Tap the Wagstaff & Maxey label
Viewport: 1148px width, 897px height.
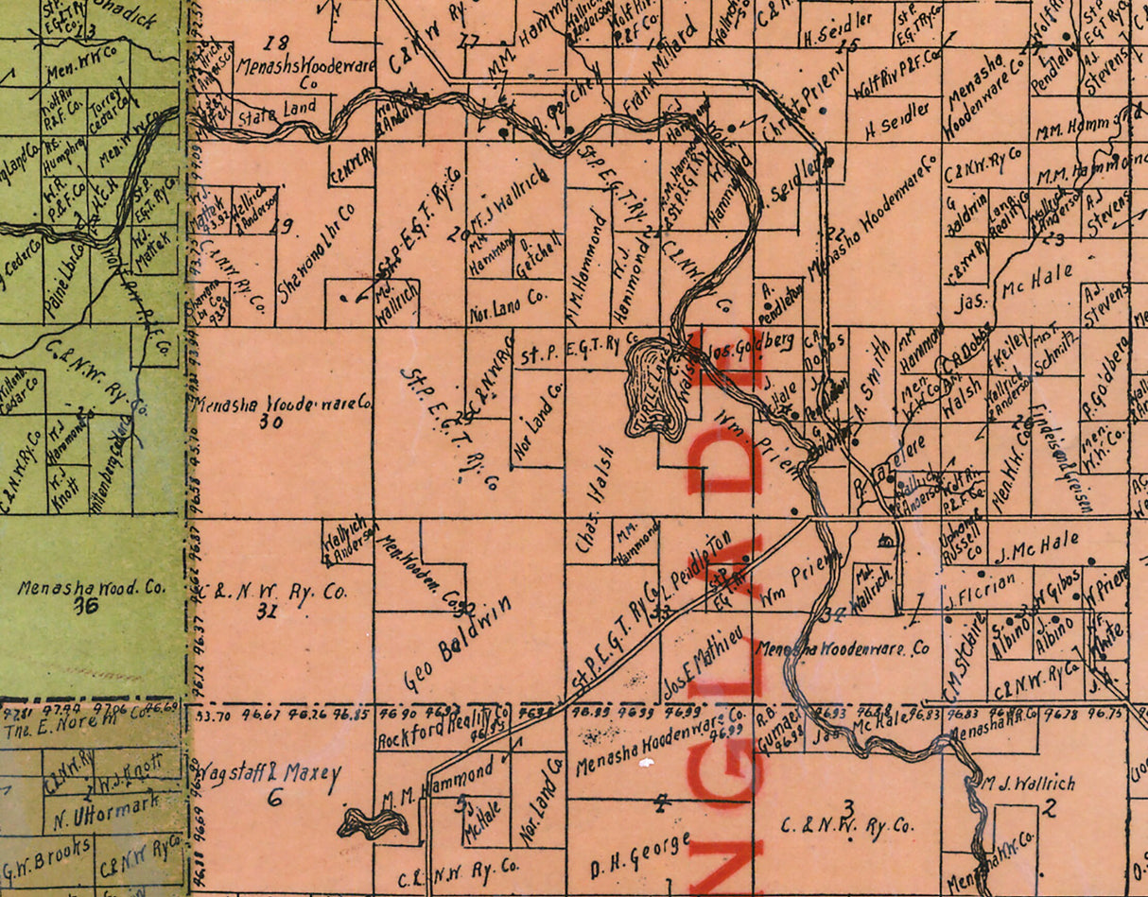point(268,775)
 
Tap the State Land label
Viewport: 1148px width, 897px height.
point(276,111)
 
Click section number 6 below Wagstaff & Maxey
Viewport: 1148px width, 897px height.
point(274,797)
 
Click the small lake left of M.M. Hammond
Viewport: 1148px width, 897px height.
point(373,823)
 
